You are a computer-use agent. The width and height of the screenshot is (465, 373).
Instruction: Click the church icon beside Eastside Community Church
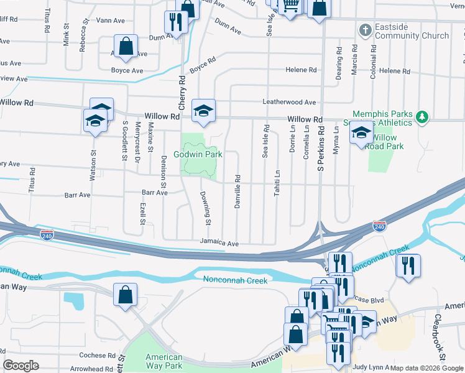365,29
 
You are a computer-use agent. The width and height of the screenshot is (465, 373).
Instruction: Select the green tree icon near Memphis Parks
423,116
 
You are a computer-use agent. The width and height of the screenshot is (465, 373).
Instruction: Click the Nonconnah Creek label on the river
236,280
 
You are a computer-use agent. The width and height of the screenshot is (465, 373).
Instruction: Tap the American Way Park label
164,362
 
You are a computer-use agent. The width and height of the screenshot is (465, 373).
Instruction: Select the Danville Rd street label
237,191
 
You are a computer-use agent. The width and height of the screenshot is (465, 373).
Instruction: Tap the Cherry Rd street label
183,94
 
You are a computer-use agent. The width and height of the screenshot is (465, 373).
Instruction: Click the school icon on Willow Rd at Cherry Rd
203,110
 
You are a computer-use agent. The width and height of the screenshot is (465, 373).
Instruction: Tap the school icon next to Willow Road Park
361,132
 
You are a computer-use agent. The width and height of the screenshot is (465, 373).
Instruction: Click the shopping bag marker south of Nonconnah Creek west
125,293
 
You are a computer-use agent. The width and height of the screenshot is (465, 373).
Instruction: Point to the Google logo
21,366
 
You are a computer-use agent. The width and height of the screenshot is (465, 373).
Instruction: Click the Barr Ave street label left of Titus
78,195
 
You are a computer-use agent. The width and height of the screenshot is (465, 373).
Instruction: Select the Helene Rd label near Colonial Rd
395,71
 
